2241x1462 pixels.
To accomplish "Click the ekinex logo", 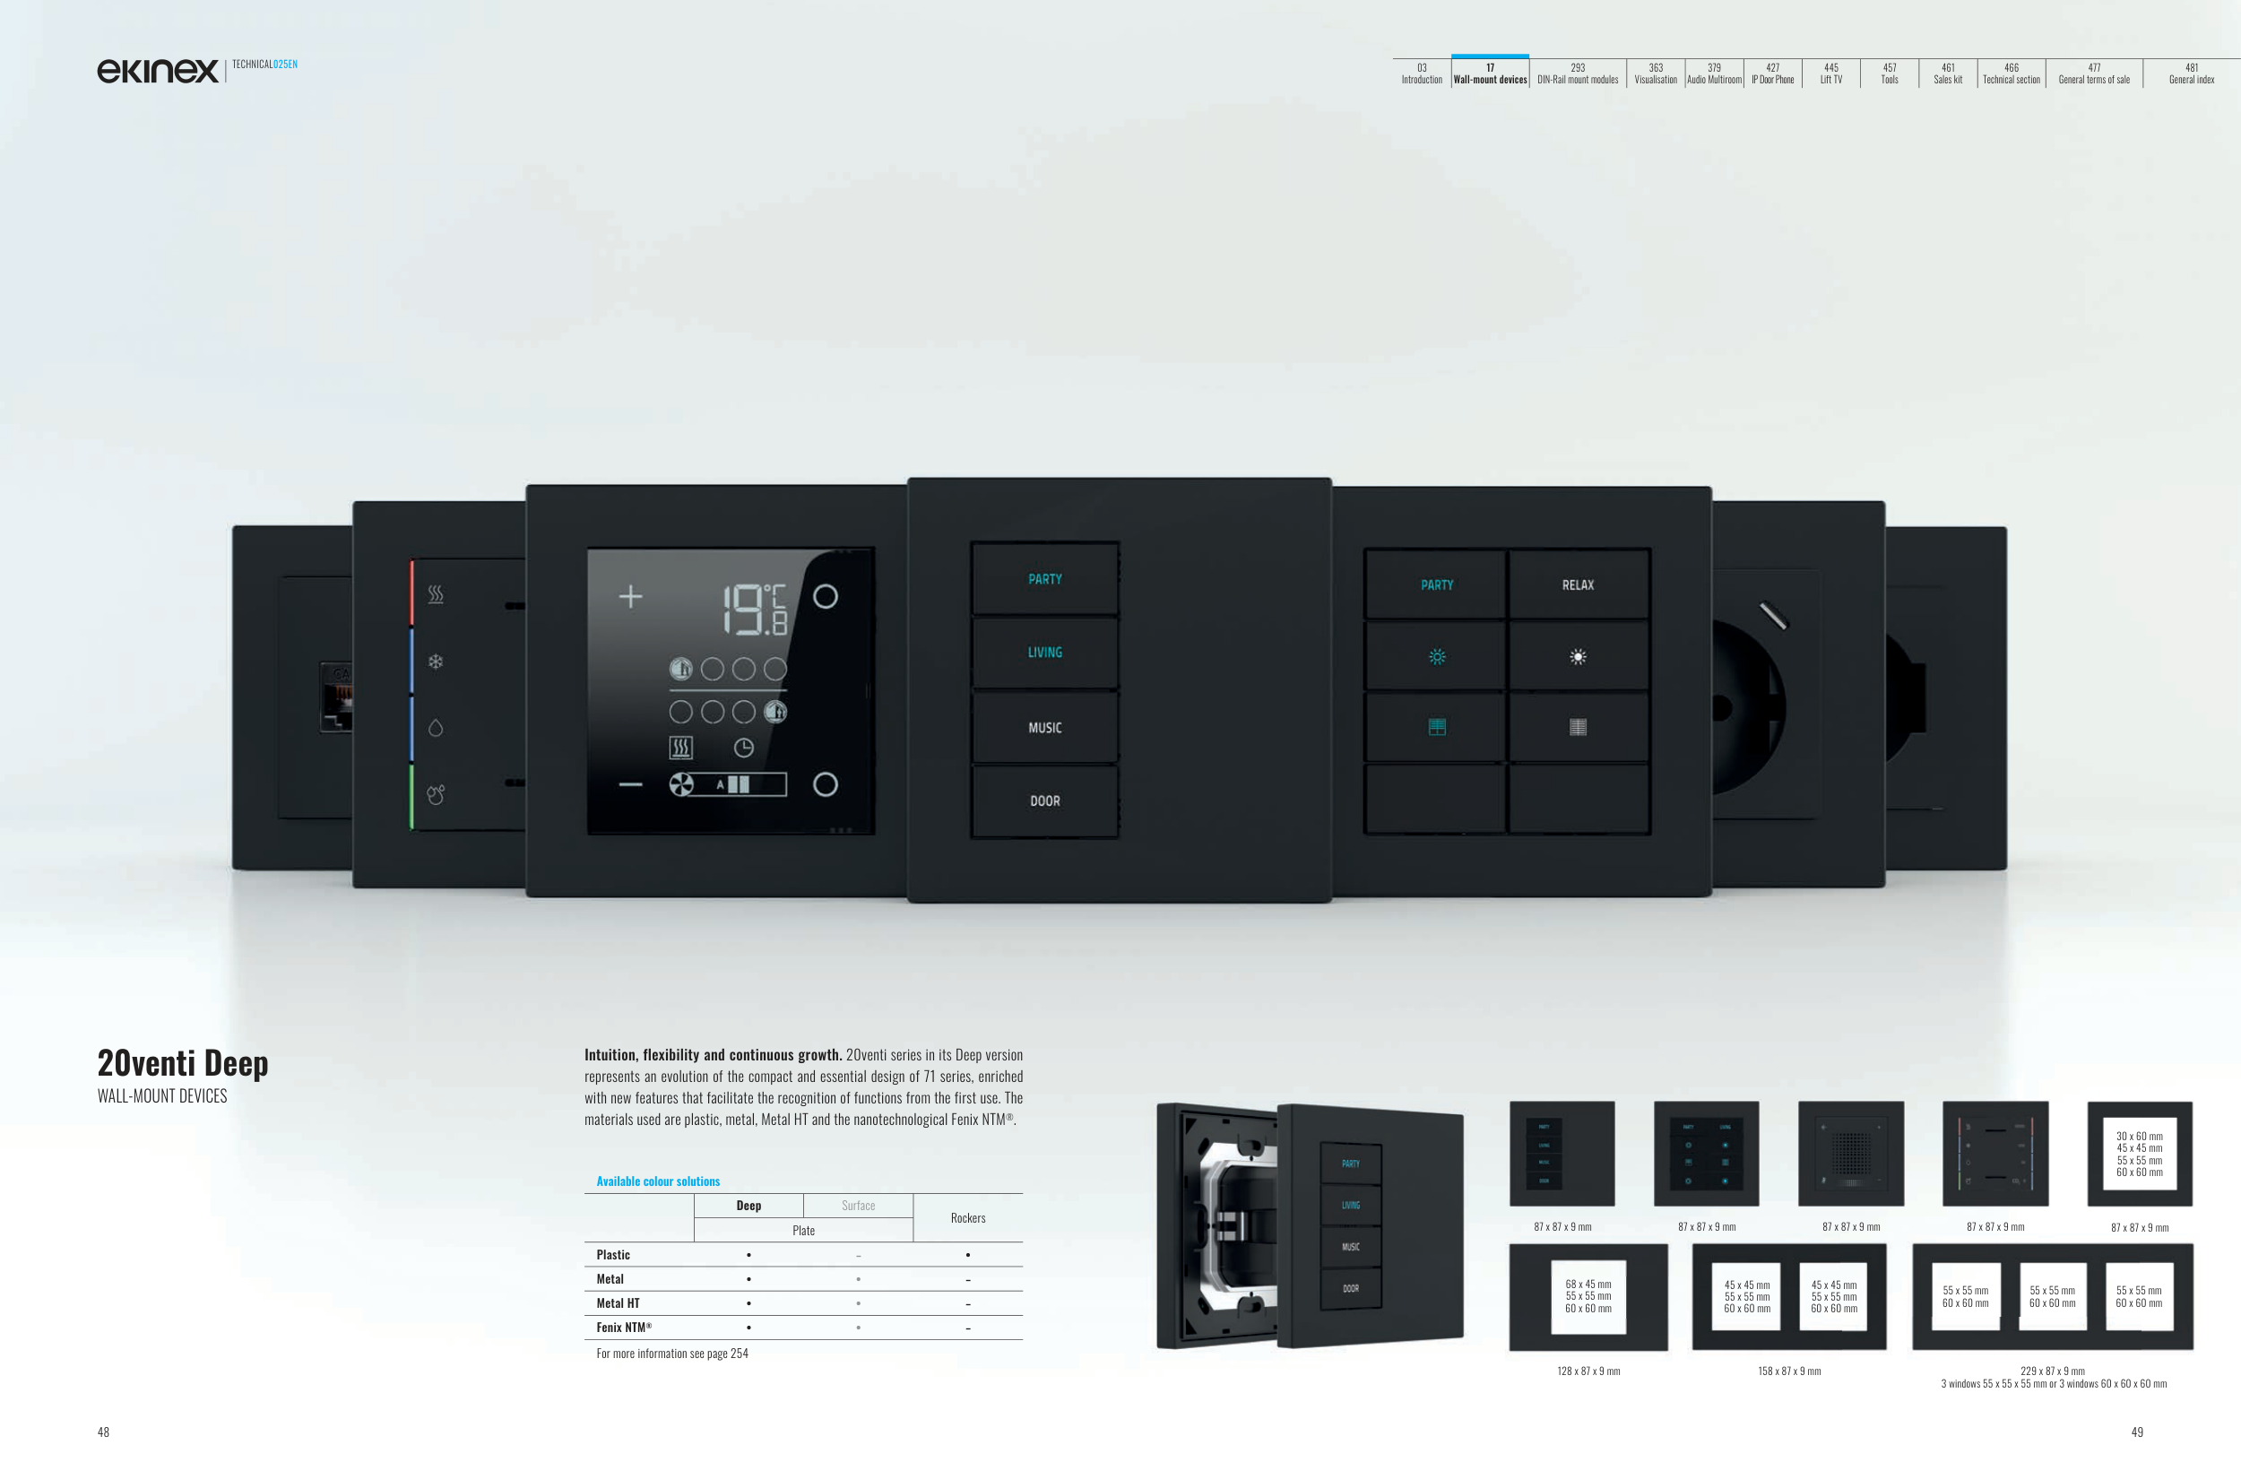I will [x=157, y=71].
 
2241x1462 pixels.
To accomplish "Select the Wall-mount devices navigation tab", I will [x=1490, y=74].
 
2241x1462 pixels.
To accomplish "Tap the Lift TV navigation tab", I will [x=1830, y=74].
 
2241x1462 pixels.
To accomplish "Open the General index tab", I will [x=2191, y=74].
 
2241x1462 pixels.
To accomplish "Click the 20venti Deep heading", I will [x=183, y=1063].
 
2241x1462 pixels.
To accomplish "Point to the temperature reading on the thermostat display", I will [x=753, y=608].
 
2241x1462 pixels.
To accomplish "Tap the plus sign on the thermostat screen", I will [x=630, y=596].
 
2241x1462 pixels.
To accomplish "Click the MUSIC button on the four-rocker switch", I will [x=1044, y=728].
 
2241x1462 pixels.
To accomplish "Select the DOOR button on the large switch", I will [x=1044, y=801].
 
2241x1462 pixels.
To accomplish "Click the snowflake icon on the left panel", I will [x=435, y=662].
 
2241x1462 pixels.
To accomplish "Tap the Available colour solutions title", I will [x=657, y=1181].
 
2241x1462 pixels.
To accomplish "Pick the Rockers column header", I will [x=967, y=1218].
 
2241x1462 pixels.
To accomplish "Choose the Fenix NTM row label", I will [x=623, y=1328].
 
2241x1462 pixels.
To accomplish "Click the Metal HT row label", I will [x=617, y=1303].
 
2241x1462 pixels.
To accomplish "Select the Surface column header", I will [x=858, y=1206].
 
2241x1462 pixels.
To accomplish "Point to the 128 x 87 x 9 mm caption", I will [x=1588, y=1371].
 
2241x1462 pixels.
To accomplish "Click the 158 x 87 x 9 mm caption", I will [x=1789, y=1371].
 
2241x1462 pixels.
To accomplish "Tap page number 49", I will [x=2136, y=1432].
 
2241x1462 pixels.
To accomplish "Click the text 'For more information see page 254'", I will [x=671, y=1354].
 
